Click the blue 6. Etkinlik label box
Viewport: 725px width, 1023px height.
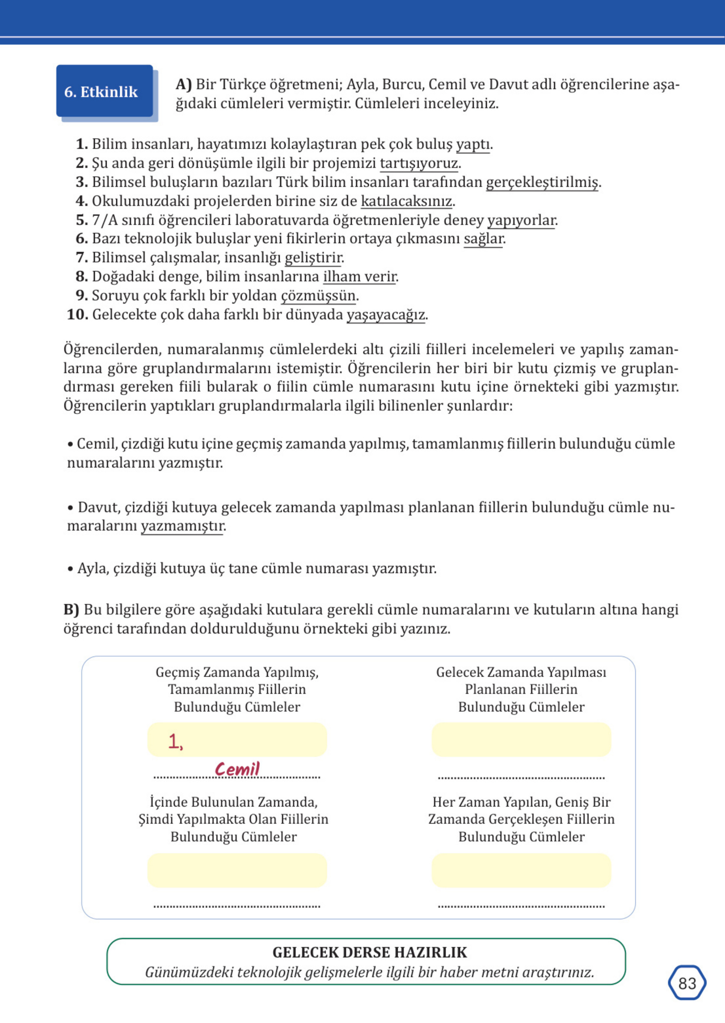pos(104,91)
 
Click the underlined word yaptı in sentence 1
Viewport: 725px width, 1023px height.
pos(472,144)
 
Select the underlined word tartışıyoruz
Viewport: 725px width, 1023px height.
pos(418,163)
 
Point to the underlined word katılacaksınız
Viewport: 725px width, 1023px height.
pos(406,201)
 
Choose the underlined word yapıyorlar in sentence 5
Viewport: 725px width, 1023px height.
pos(520,220)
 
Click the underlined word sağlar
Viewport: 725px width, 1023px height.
pos(483,239)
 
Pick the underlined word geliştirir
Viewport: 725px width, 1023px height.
pos(313,257)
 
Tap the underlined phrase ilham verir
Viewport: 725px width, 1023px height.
pos(359,277)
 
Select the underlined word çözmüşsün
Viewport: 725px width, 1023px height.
pos(318,296)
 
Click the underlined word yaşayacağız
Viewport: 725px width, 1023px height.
pos(386,315)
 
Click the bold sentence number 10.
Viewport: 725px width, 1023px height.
pos(77,315)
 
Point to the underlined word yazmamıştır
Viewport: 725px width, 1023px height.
pos(182,526)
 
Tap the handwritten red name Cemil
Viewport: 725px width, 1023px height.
pos(236,769)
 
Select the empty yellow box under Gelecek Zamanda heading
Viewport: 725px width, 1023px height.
pos(520,739)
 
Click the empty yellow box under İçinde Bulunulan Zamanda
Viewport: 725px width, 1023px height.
pos(236,870)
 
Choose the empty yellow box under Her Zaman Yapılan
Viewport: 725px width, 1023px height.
pos(520,870)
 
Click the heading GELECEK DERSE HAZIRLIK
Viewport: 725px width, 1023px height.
pos(369,953)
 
